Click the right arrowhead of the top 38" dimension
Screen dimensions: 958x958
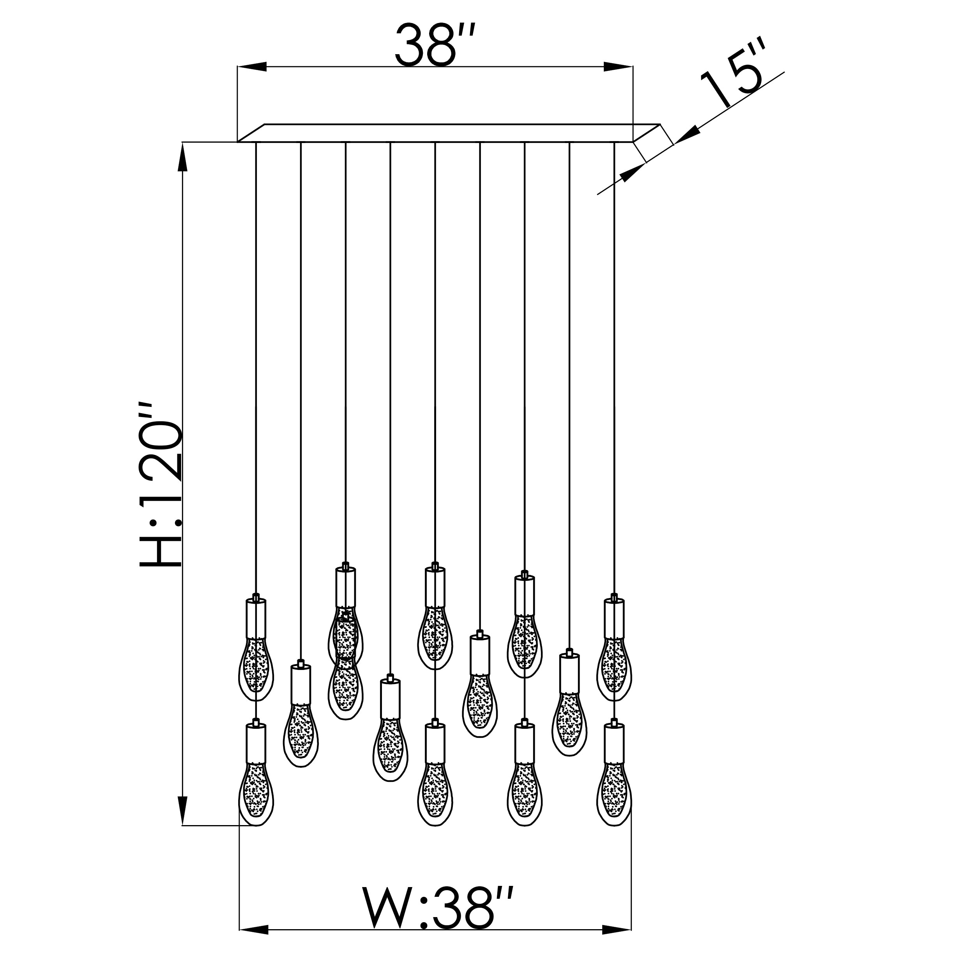[619, 66]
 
